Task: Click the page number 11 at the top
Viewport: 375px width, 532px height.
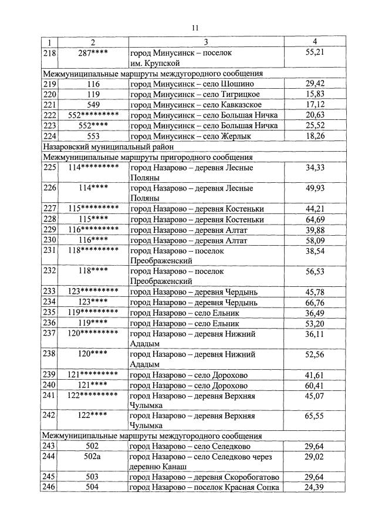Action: coord(196,27)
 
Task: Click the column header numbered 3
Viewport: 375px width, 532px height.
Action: coord(206,42)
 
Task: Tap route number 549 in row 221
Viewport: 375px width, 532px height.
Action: coord(93,105)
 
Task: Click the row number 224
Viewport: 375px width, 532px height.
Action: coord(49,136)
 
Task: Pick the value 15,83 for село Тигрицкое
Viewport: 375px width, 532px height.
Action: coord(315,94)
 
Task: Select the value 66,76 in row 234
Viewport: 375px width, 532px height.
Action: coord(315,302)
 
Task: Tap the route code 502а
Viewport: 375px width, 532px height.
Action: coord(93,456)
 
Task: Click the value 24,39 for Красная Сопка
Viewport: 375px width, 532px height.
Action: coord(315,487)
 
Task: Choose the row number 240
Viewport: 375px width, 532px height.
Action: coord(49,385)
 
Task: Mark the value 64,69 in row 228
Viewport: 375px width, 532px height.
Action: coord(315,219)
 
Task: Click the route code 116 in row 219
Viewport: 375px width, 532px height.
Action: coord(93,83)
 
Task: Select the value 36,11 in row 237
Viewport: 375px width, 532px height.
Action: coord(315,333)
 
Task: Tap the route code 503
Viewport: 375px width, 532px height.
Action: coord(93,477)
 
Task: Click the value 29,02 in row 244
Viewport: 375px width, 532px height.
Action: coord(315,456)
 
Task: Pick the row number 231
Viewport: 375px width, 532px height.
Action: coord(49,250)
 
